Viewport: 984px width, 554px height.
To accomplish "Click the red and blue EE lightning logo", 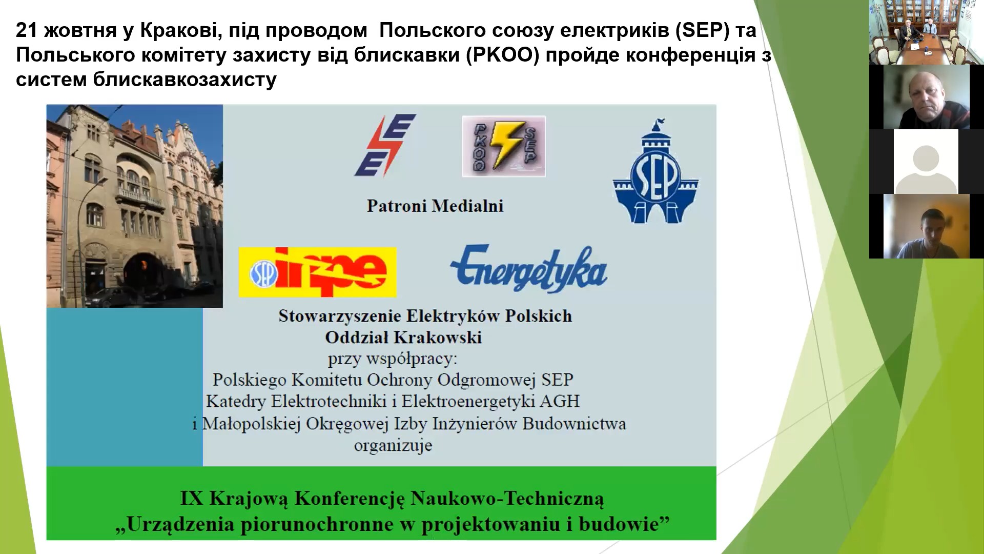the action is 385,145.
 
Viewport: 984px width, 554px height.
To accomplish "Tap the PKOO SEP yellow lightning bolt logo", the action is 504,146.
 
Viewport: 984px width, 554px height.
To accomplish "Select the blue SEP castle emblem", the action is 656,171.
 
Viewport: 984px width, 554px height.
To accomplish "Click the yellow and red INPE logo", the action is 318,272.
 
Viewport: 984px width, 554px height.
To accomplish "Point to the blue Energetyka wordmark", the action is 528,268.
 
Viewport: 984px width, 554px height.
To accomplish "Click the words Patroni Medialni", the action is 435,206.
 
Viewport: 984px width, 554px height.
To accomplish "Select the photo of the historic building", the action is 135,206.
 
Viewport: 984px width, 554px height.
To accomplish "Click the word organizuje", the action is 393,445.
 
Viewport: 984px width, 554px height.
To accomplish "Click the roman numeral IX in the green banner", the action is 192,498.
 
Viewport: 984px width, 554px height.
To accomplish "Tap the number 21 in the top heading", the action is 27,30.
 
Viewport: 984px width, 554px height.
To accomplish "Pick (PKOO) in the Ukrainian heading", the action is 503,55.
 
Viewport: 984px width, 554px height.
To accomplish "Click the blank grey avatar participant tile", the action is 926,162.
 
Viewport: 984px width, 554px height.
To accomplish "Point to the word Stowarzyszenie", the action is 337,316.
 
